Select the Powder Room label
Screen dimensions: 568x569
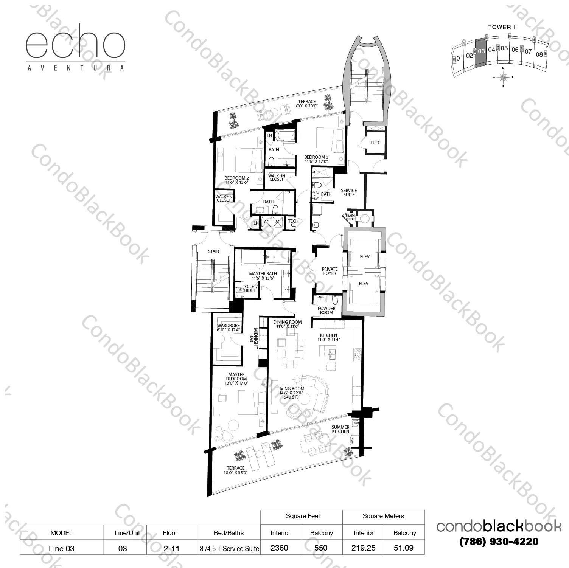[326, 310]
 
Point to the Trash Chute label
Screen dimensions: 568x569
[350, 217]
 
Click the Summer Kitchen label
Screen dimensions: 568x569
[340, 429]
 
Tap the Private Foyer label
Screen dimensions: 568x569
[330, 271]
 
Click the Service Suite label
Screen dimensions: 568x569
[349, 192]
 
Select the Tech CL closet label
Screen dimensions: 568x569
[293, 223]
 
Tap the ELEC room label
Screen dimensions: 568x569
[376, 143]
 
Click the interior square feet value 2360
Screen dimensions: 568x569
[280, 548]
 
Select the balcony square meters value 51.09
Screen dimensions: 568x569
[404, 548]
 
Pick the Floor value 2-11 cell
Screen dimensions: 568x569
[170, 548]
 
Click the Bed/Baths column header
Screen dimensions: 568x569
[229, 533]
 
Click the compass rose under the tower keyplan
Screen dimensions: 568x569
[503, 77]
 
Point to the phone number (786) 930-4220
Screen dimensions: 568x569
[499, 542]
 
